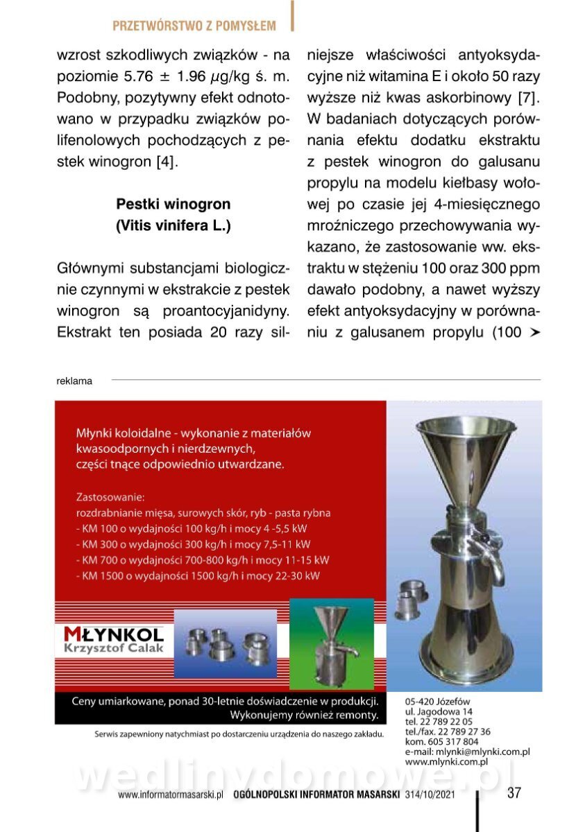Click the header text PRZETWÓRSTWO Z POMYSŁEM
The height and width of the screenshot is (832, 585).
click(194, 26)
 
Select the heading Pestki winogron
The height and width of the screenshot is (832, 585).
click(173, 205)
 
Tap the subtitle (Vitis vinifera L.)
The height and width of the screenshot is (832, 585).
click(173, 226)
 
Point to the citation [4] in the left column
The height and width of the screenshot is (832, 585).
click(164, 162)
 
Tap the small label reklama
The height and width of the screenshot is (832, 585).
click(74, 381)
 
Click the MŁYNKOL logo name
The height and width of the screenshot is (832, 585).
click(113, 634)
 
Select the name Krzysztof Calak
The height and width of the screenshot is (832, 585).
click(113, 648)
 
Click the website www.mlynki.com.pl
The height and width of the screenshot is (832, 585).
click(447, 761)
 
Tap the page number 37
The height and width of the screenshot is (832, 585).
click(514, 793)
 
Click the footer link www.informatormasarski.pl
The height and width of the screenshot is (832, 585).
click(170, 795)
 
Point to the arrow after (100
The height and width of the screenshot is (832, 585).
click(534, 332)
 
